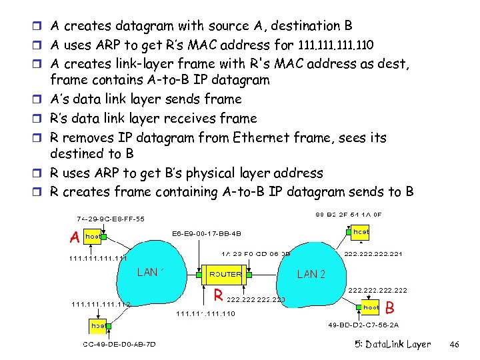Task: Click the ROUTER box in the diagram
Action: (x=225, y=274)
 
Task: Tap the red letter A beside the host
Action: (x=75, y=237)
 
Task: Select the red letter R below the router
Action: (x=217, y=294)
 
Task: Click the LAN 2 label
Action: (x=311, y=274)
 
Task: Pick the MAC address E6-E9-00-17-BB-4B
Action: (x=206, y=234)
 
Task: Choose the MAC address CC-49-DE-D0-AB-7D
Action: (x=120, y=344)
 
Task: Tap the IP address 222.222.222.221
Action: (x=373, y=254)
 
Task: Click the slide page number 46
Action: (x=455, y=345)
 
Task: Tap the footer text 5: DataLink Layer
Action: (x=393, y=345)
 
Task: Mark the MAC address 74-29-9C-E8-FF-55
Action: (x=110, y=219)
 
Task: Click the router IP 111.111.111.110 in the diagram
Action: (x=205, y=313)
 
